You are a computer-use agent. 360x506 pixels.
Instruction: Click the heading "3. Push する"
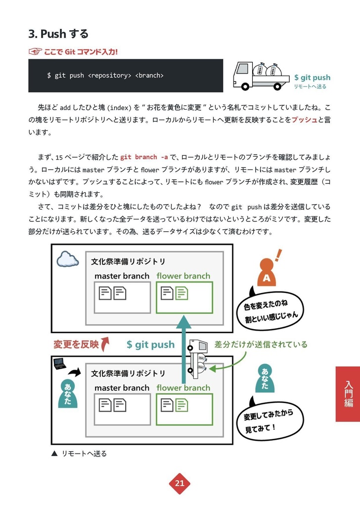click(58, 34)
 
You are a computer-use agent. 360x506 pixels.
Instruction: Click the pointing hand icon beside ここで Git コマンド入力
click(35, 51)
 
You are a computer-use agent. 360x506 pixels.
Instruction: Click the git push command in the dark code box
click(105, 76)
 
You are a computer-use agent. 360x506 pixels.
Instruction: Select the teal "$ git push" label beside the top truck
click(312, 78)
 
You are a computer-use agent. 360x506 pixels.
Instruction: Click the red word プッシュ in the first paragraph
click(304, 120)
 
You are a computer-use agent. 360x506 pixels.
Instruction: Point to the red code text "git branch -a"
click(144, 157)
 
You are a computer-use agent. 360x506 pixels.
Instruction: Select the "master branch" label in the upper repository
click(122, 276)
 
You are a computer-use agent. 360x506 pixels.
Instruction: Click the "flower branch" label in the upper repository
click(183, 276)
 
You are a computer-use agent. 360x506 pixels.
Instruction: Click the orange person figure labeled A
click(267, 274)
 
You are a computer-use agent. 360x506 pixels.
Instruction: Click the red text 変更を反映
click(76, 344)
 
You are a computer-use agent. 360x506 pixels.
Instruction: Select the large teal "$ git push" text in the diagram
click(150, 344)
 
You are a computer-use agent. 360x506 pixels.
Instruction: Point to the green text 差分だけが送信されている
click(261, 344)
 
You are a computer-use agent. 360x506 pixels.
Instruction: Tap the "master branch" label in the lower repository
click(122, 388)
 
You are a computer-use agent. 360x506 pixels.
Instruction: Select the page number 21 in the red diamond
click(180, 483)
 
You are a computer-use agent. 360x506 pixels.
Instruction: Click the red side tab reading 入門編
click(348, 394)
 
